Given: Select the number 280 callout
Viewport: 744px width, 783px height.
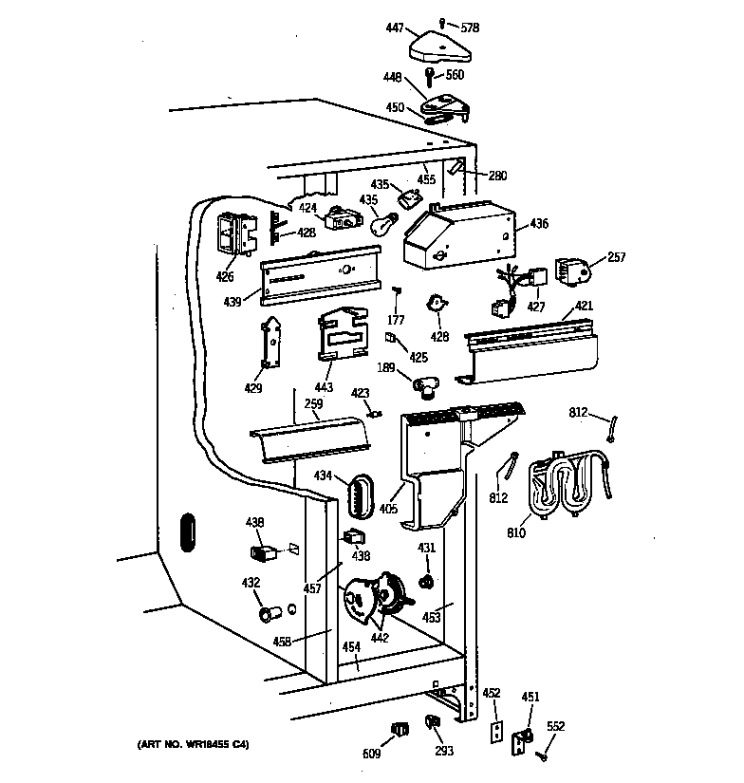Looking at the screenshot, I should click(x=497, y=175).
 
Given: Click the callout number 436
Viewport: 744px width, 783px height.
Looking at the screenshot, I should click(x=539, y=224).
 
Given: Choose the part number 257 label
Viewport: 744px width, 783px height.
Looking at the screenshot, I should click(x=617, y=257).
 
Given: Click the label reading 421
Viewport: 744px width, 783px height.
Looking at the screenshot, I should click(x=584, y=307).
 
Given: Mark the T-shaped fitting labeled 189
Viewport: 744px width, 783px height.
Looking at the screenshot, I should click(x=425, y=383).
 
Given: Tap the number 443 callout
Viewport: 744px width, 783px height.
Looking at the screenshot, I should click(x=325, y=389).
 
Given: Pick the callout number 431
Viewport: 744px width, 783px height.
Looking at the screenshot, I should click(x=427, y=548).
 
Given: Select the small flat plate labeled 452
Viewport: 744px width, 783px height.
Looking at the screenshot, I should click(x=493, y=731).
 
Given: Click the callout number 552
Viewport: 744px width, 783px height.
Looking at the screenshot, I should click(x=556, y=726).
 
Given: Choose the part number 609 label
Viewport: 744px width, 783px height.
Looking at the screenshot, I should click(x=370, y=754).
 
